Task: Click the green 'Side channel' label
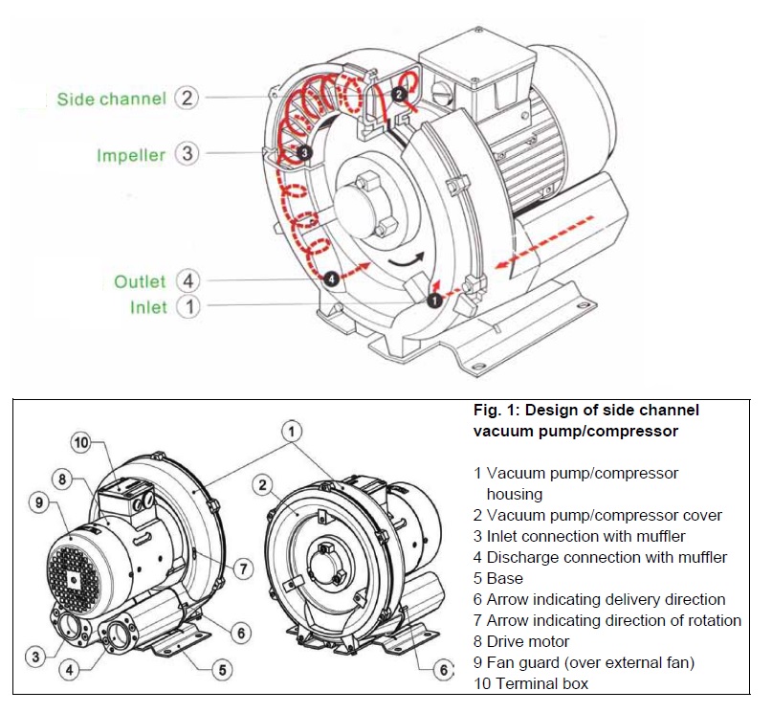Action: pyautogui.click(x=111, y=99)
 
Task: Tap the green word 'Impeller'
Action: pyautogui.click(x=131, y=154)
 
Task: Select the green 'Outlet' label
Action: pyautogui.click(x=140, y=281)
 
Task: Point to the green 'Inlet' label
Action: pyautogui.click(x=147, y=307)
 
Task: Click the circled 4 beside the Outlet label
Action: pyautogui.click(x=188, y=281)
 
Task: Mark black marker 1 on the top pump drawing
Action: pyautogui.click(x=433, y=300)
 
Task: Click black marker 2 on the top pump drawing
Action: pyautogui.click(x=400, y=93)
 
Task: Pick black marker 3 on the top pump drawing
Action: pyautogui.click(x=303, y=152)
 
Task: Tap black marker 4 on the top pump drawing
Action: pyautogui.click(x=331, y=279)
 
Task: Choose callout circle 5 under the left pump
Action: pyautogui.click(x=222, y=670)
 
